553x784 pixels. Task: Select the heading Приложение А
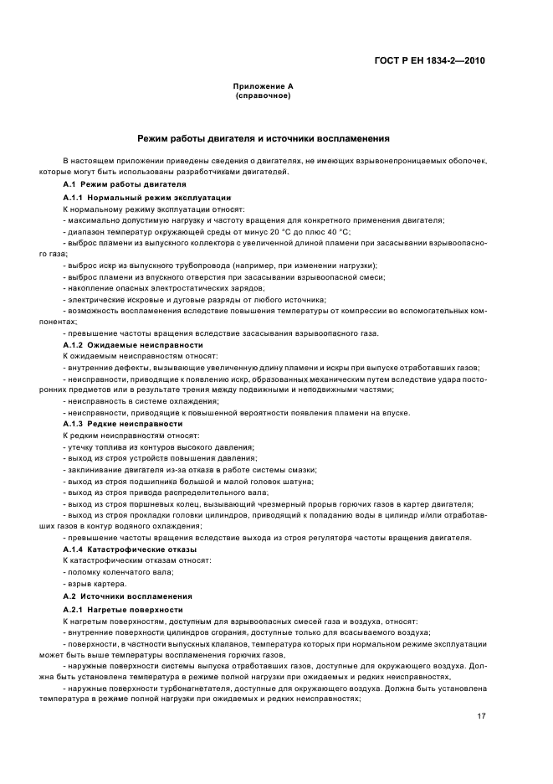[x=262, y=87]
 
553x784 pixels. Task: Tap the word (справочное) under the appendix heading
[x=262, y=95]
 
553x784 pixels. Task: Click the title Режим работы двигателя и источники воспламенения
[x=263, y=137]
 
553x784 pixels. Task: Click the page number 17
[x=480, y=716]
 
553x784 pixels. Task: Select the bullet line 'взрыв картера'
[x=95, y=583]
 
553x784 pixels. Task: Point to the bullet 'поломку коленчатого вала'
[x=118, y=571]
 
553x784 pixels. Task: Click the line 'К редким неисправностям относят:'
[x=131, y=436]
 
